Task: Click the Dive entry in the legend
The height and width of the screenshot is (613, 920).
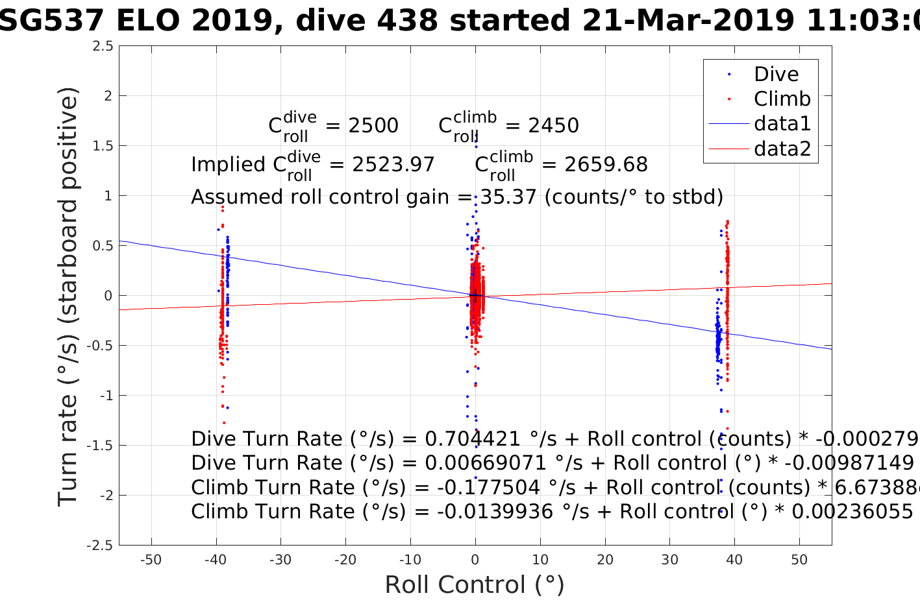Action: click(776, 75)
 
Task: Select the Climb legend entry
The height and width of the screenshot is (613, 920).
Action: click(782, 99)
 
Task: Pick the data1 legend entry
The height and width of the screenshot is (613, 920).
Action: click(782, 124)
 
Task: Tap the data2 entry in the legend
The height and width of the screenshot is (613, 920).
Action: click(782, 149)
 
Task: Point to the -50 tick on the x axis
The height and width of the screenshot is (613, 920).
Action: click(151, 560)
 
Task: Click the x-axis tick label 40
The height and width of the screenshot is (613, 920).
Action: click(734, 560)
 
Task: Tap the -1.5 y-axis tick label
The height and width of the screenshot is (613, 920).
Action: click(101, 446)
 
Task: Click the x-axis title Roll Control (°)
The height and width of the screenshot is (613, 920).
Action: click(475, 585)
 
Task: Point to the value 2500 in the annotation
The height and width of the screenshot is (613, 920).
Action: click(373, 126)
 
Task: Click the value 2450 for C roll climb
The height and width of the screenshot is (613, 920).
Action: click(553, 126)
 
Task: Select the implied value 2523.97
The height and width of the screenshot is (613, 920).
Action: click(393, 165)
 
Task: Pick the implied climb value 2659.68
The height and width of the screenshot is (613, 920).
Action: click(606, 165)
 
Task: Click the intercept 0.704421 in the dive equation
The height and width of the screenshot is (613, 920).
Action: click(473, 439)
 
